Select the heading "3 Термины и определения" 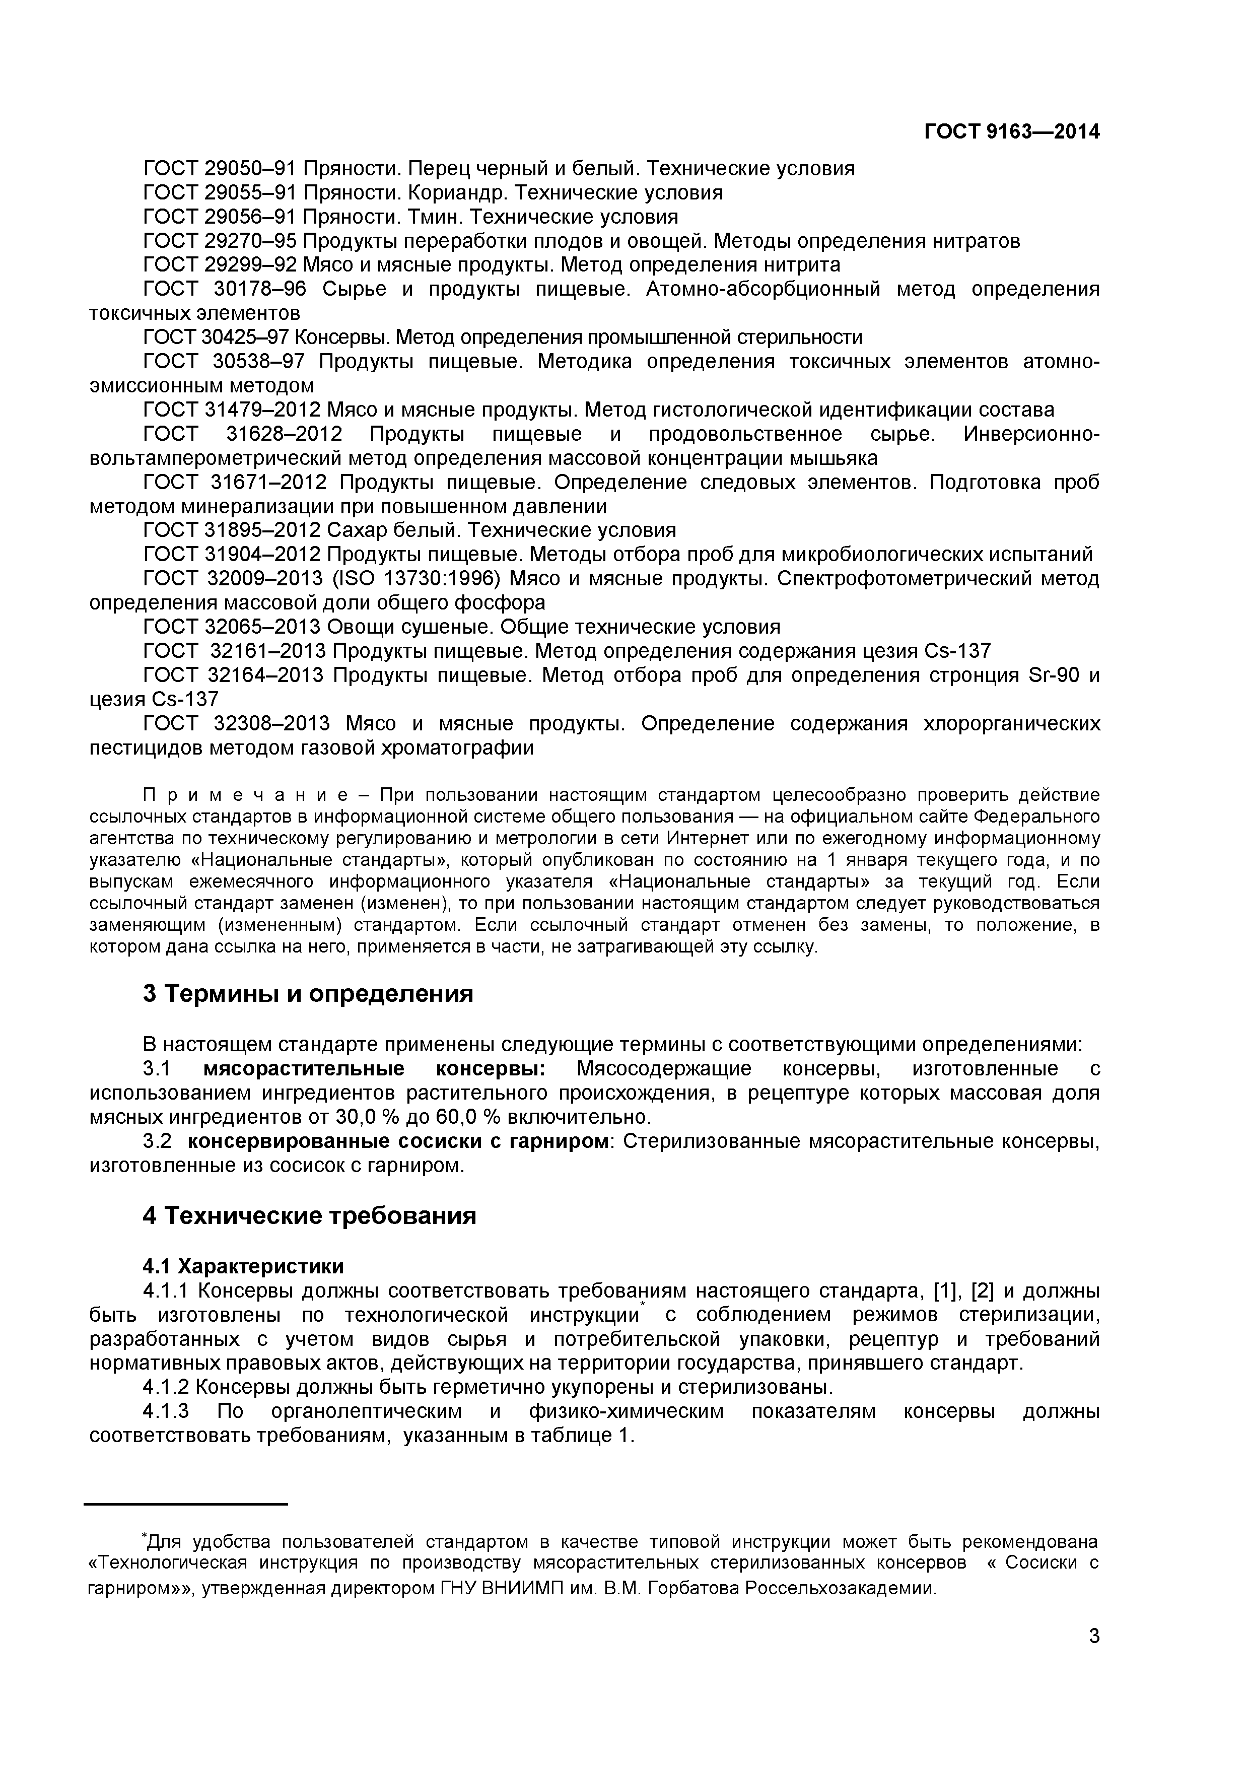(308, 993)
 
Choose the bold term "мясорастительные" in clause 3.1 (304, 1069)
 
